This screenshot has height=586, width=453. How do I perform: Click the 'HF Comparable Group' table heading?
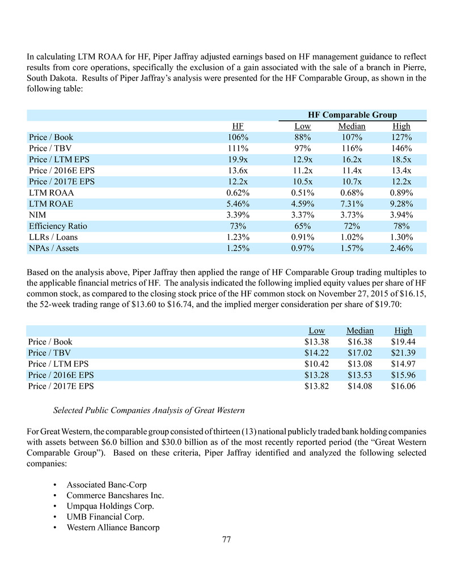(x=353, y=114)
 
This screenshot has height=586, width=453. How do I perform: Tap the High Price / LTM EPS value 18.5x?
(x=401, y=159)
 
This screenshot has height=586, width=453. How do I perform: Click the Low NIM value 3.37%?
(x=302, y=215)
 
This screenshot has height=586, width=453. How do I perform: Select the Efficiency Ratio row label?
(x=58, y=226)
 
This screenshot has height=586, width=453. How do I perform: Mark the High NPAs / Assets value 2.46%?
(x=401, y=248)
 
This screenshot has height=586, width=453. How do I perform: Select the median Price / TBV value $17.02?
(x=360, y=353)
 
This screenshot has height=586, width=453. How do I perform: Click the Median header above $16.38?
(x=360, y=331)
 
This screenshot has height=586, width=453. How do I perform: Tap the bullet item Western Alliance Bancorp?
(x=113, y=528)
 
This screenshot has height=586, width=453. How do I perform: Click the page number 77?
(x=226, y=539)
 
